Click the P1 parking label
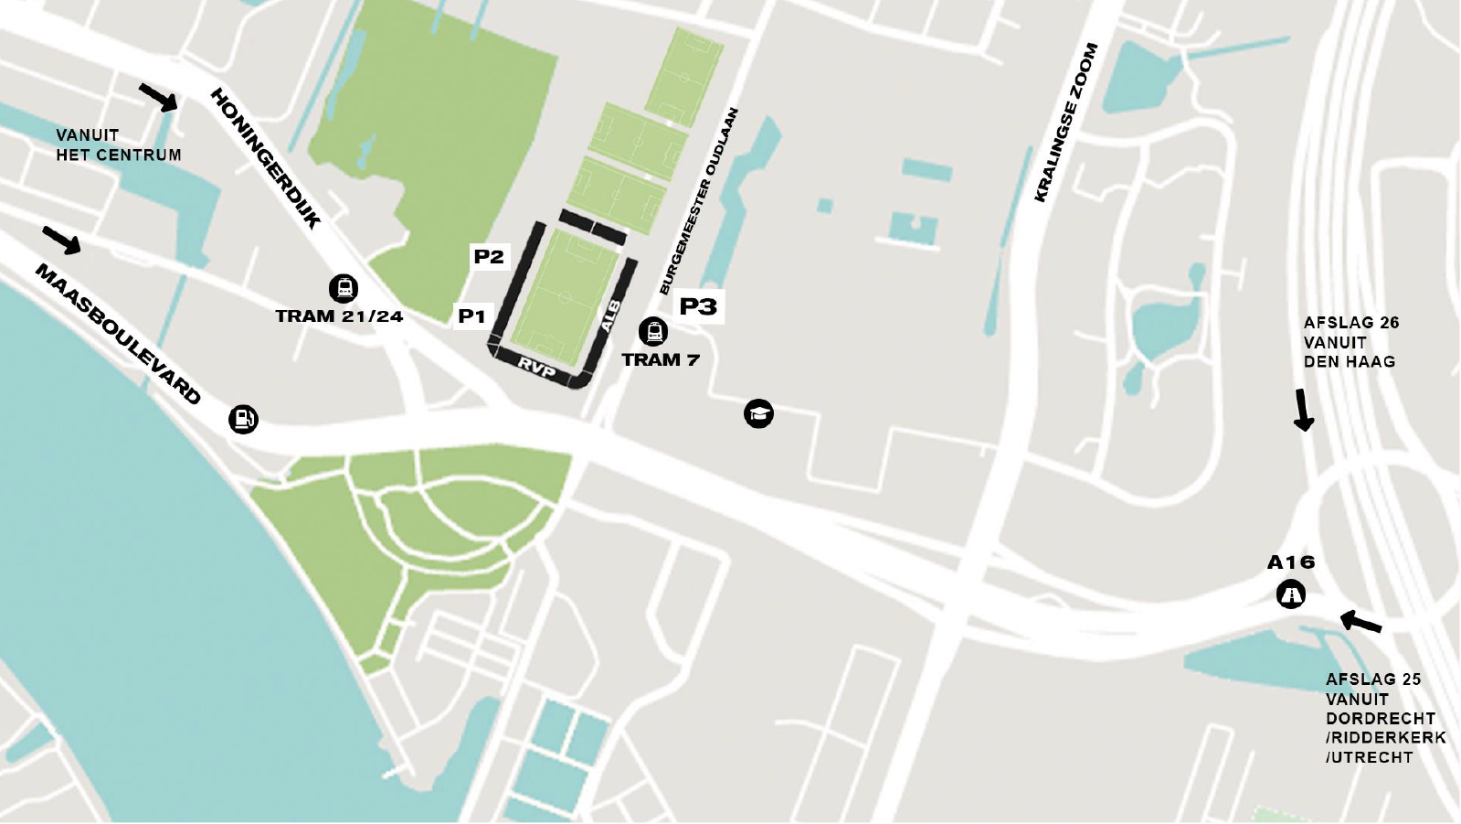[471, 316]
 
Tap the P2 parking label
[489, 257]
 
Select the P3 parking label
[698, 306]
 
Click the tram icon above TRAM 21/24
[344, 289]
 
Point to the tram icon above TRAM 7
[653, 331]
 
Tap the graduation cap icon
[758, 413]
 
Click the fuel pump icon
[243, 419]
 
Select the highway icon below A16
[1291, 595]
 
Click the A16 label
[1290, 562]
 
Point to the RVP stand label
[536, 368]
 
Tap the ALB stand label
[610, 316]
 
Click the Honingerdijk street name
[266, 157]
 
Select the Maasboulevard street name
[118, 334]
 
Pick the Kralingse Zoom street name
[1065, 123]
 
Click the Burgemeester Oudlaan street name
[699, 201]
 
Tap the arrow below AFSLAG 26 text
[1303, 410]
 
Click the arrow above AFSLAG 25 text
[1360, 623]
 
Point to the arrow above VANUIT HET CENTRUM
[158, 97]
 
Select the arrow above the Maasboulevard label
[61, 240]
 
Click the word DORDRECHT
[1380, 718]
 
